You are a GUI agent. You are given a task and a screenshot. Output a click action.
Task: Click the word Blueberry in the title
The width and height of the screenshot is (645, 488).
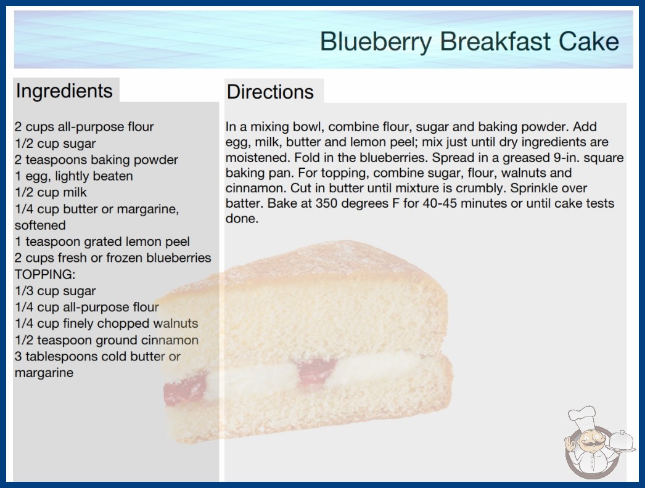pos(376,42)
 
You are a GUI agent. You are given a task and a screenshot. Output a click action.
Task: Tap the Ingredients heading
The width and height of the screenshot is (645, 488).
pos(64,91)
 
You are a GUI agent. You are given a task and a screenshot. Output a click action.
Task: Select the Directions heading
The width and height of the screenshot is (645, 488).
pos(270,92)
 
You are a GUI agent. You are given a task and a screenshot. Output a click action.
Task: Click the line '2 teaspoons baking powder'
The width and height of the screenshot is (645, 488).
pos(96,160)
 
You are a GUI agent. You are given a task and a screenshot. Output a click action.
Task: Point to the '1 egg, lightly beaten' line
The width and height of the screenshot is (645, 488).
pos(74,176)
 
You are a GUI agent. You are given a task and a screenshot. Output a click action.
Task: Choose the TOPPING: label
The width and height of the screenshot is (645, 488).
pos(45,274)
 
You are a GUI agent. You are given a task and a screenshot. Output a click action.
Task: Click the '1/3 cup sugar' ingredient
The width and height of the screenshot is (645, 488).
pos(55,291)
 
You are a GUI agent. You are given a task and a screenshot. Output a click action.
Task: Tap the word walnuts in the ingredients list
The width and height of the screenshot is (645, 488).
pos(176,323)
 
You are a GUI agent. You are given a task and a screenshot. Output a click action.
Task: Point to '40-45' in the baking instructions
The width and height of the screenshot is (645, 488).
pos(440,203)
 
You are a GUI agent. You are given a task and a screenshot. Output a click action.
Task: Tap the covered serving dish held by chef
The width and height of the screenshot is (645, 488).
pos(622,442)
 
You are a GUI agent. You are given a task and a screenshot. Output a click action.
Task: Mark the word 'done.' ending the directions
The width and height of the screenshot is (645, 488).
pos(242,219)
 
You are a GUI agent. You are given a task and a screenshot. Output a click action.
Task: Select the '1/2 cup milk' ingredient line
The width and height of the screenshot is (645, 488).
pos(51,192)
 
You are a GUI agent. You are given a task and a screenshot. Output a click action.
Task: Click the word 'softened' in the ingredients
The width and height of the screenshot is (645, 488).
pos(40,226)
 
